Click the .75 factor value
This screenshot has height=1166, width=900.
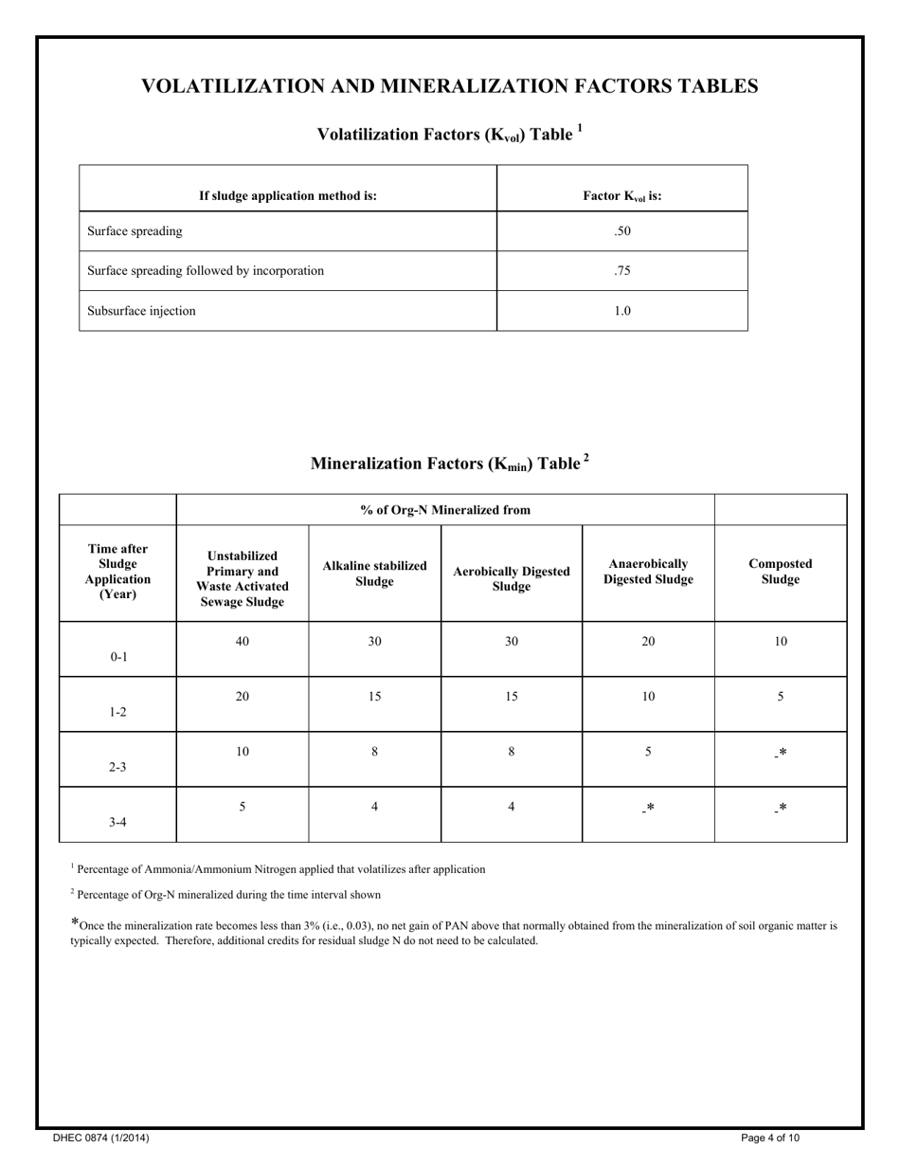pos(621,271)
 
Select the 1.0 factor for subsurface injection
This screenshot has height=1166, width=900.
pos(621,311)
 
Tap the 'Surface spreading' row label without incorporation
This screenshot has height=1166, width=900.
pos(135,231)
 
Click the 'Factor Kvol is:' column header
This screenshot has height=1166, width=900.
pos(621,196)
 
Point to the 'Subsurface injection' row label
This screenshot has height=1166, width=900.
pos(141,311)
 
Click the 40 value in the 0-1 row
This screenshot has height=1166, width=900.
pos(243,642)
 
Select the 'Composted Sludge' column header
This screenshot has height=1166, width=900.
pos(780,572)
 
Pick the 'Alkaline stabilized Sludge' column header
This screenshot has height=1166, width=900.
pos(374,573)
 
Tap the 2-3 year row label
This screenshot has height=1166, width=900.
pos(117,767)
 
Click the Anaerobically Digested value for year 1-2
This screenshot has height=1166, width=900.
pos(648,697)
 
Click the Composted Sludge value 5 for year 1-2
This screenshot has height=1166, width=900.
pos(780,697)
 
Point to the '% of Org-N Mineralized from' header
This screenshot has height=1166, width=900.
pos(444,510)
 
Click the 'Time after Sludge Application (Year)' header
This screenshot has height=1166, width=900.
pos(117,572)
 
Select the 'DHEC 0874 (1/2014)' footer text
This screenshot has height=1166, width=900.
pos(100,1138)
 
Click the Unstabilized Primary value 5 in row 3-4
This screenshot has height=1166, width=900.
pos(243,808)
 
